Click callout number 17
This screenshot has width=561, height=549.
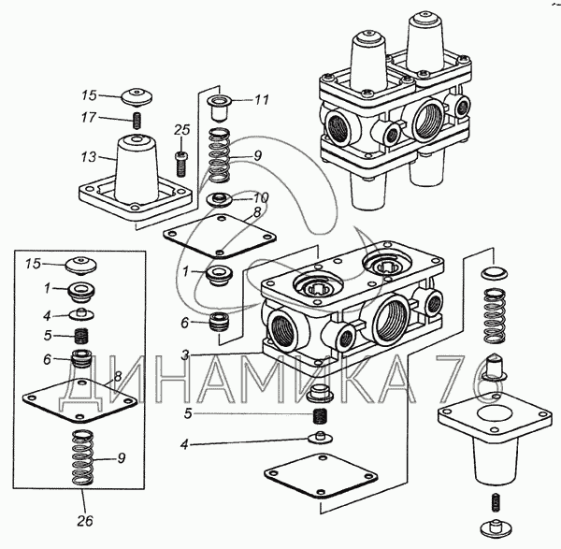(89, 118)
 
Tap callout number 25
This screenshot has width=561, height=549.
(181, 130)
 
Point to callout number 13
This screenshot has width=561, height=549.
(89, 157)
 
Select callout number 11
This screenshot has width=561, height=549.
(262, 99)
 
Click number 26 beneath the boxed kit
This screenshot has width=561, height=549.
(85, 521)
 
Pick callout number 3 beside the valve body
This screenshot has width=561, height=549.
(185, 355)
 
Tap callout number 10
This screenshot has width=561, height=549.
(261, 197)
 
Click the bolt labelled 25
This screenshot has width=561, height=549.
(181, 164)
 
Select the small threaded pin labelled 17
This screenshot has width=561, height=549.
(137, 121)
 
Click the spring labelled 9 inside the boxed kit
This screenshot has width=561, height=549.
(82, 457)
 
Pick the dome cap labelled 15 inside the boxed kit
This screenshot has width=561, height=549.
(81, 266)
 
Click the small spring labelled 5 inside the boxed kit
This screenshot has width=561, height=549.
(81, 336)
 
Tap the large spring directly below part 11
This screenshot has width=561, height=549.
(220, 155)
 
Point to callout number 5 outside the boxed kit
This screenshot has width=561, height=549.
(188, 413)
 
